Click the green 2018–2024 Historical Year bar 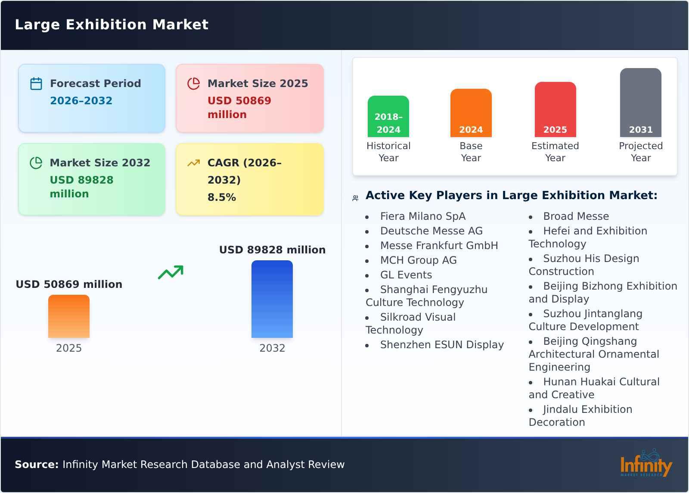pyautogui.click(x=388, y=116)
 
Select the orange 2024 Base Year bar pyautogui.click(x=471, y=113)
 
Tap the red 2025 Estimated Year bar pyautogui.click(x=555, y=109)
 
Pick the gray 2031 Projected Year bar pyautogui.click(x=640, y=103)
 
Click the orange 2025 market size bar pyautogui.click(x=69, y=316)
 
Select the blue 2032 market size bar pyautogui.click(x=272, y=299)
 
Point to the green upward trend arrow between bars pyautogui.click(x=171, y=272)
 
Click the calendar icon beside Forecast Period pyautogui.click(x=36, y=84)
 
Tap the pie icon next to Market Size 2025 pyautogui.click(x=194, y=84)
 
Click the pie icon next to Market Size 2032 pyautogui.click(x=36, y=163)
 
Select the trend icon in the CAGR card pyautogui.click(x=194, y=163)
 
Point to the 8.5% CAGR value pyautogui.click(x=222, y=197)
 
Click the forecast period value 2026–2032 pyautogui.click(x=81, y=101)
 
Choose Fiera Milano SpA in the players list pyautogui.click(x=422, y=216)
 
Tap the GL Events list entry pyautogui.click(x=406, y=275)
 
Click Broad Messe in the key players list pyautogui.click(x=576, y=216)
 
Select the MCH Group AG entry pyautogui.click(x=418, y=260)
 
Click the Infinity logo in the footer pyautogui.click(x=646, y=464)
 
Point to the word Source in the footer pyautogui.click(x=37, y=465)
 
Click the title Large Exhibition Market pyautogui.click(x=112, y=25)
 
